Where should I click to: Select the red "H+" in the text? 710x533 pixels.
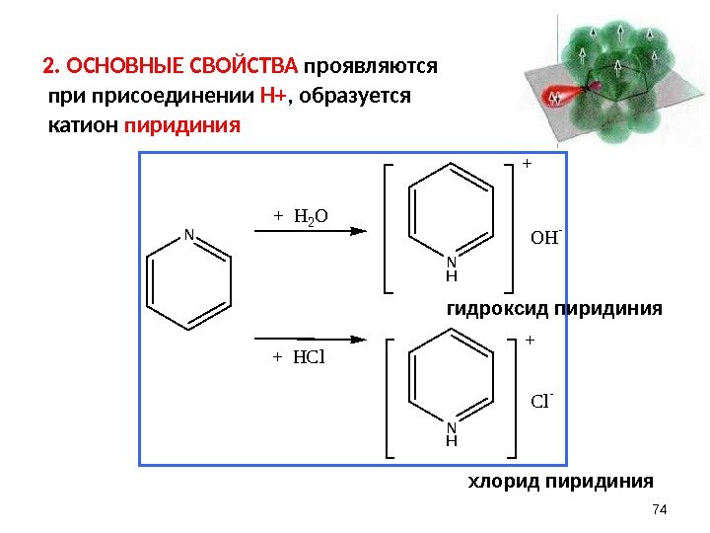pyautogui.click(x=273, y=98)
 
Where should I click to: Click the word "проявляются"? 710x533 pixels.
pyautogui.click(x=371, y=68)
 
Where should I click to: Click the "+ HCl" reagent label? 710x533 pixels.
pyautogui.click(x=299, y=356)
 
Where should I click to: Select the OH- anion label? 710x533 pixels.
pyautogui.click(x=545, y=237)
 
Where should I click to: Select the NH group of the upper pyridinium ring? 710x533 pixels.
pyautogui.click(x=452, y=268)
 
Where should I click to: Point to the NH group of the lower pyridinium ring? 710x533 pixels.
pyautogui.click(x=452, y=434)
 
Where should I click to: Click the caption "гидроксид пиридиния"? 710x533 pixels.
pyautogui.click(x=555, y=309)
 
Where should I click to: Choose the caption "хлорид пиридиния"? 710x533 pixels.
pyautogui.click(x=559, y=482)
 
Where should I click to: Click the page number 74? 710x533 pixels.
pyautogui.click(x=661, y=508)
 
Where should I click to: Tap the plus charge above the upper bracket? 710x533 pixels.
pyautogui.click(x=526, y=164)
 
